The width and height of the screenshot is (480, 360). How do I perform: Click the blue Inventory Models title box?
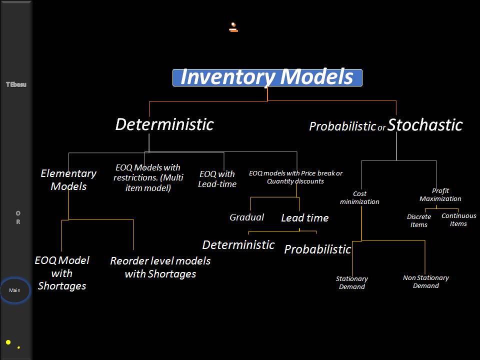[x=267, y=77]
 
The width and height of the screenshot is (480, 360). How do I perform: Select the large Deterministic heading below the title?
[x=164, y=124]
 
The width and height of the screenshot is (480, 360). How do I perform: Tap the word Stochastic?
[x=425, y=125]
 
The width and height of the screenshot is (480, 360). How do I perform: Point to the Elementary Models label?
[x=68, y=180]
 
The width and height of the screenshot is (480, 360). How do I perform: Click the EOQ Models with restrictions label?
[x=147, y=178]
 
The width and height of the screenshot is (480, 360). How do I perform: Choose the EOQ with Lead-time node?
[x=217, y=179]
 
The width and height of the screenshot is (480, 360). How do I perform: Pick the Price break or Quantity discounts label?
[x=295, y=177]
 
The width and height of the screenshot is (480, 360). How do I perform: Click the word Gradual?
[x=246, y=217]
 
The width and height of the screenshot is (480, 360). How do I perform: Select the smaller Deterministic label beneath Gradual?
[x=238, y=245]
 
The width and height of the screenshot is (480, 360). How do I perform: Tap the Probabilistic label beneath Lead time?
[x=317, y=249]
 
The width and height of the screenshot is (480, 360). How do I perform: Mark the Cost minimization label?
[x=359, y=198]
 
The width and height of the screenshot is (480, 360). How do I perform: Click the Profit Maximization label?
[x=440, y=195]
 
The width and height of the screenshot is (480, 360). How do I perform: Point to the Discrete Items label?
[x=419, y=221]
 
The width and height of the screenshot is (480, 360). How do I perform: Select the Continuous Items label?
[x=458, y=220]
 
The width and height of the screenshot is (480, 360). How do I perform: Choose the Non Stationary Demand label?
[x=426, y=282]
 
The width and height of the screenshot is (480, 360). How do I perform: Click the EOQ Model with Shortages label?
[x=62, y=273]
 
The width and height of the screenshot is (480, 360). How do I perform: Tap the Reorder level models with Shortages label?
[x=160, y=267]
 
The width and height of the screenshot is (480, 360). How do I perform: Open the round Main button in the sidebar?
[x=15, y=290]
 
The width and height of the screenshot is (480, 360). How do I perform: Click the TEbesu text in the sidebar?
[x=16, y=84]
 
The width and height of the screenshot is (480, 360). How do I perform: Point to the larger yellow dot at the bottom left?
[x=8, y=342]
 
